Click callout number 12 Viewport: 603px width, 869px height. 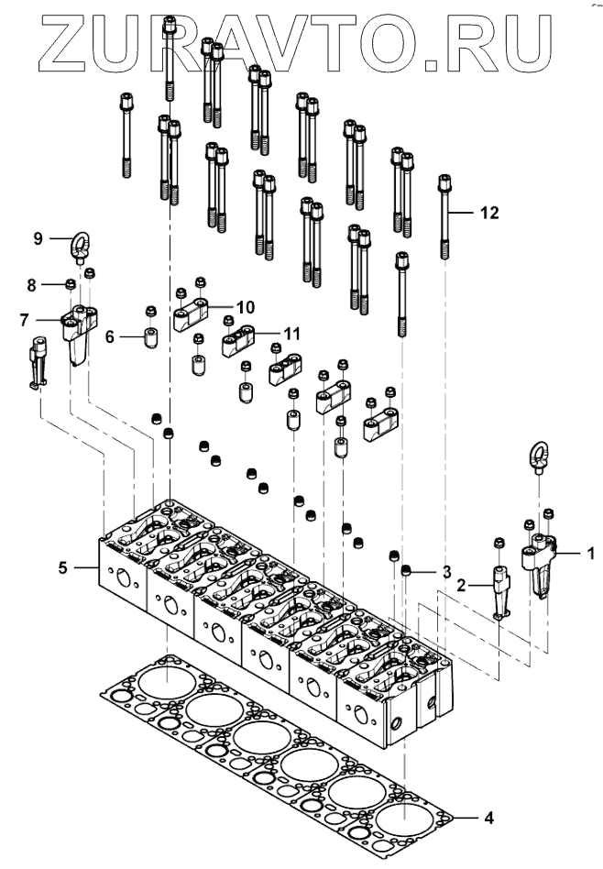[489, 213]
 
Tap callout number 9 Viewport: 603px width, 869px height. [38, 239]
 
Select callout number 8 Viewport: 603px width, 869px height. [31, 285]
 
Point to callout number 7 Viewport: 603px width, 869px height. [24, 320]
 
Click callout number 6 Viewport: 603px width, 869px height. [110, 336]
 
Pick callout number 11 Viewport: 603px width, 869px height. [291, 334]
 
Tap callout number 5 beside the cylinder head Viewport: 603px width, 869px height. [62, 567]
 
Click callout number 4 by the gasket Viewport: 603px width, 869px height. [488, 818]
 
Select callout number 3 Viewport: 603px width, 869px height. [446, 572]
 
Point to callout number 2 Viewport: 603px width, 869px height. [461, 585]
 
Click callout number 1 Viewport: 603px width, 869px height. [591, 553]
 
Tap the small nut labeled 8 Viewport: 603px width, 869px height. [71, 285]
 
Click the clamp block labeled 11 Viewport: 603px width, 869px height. [237, 341]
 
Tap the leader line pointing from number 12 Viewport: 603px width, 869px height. [461, 213]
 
